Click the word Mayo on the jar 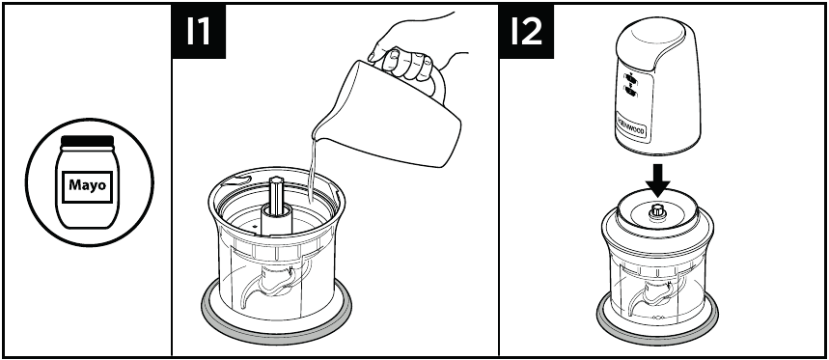tap(87, 185)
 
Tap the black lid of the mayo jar tap(87, 141)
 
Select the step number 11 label tap(199, 31)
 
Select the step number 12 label tap(526, 31)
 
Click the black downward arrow tap(658, 180)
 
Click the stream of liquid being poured tap(312, 170)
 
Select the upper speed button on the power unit tap(631, 78)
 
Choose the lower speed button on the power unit tap(631, 93)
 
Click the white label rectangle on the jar tap(87, 186)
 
